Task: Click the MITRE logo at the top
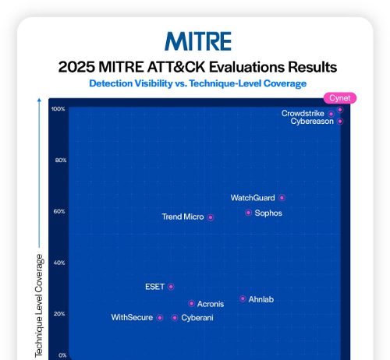click(198, 41)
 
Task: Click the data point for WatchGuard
click(282, 198)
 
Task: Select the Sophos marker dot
click(248, 213)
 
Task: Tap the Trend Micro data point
click(211, 217)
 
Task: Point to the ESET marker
click(171, 287)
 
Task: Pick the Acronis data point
click(191, 303)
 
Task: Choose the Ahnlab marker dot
click(243, 298)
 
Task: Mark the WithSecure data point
click(160, 317)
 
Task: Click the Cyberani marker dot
click(175, 317)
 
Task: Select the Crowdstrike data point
click(331, 114)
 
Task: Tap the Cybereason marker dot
click(340, 121)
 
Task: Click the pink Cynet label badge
click(340, 98)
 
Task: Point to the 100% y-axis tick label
click(58, 109)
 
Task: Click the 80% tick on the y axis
click(59, 161)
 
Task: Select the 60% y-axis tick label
click(59, 211)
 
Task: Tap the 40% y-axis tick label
click(59, 263)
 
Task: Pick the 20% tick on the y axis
click(59, 313)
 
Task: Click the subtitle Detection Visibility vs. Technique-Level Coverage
click(198, 83)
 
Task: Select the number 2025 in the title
click(76, 66)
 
